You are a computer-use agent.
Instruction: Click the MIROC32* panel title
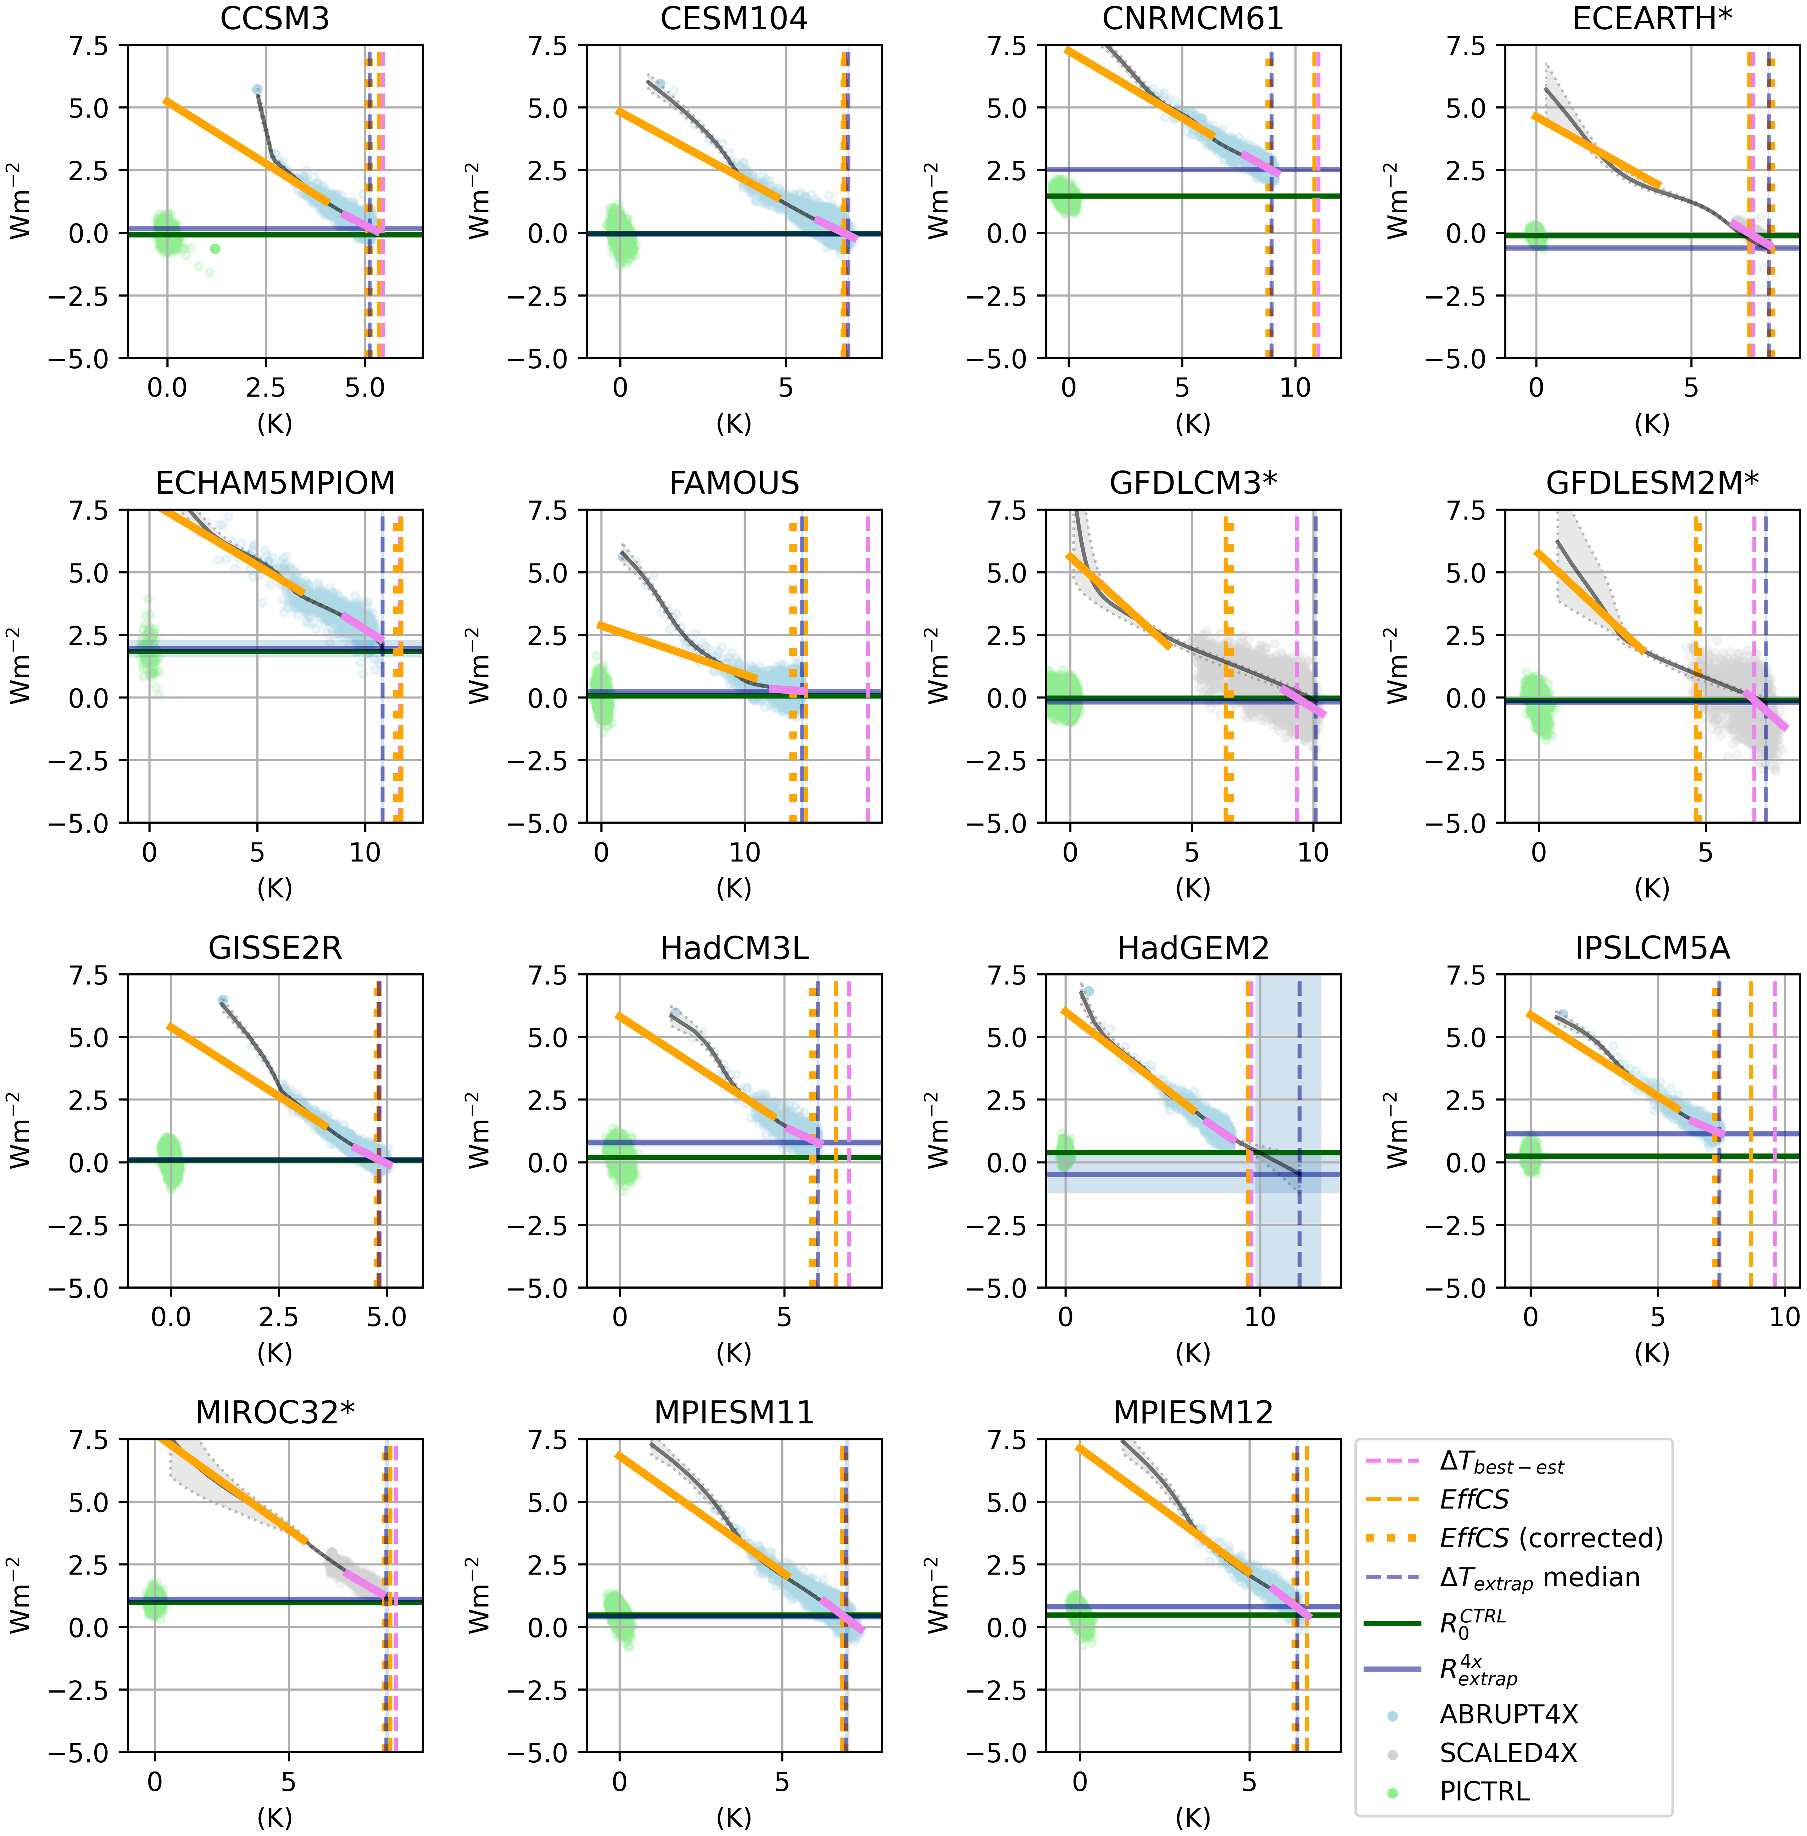tap(274, 1413)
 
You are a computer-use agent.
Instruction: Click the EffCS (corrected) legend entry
tap(1551, 1538)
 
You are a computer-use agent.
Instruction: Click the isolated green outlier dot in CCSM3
tap(215, 249)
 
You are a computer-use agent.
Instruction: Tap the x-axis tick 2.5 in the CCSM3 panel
tap(266, 387)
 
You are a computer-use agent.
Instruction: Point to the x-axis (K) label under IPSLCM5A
tap(1651, 1353)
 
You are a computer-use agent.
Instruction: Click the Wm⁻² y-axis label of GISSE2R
tap(21, 1130)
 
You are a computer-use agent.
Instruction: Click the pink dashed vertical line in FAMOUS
tap(867, 664)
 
